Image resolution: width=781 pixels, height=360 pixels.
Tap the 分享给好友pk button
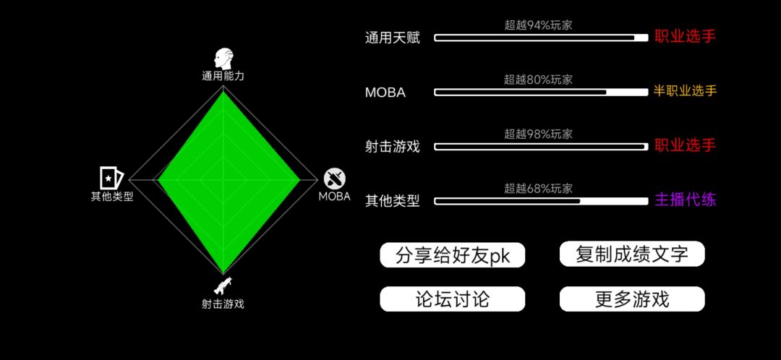coord(452,255)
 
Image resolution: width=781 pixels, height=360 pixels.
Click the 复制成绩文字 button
coord(632,254)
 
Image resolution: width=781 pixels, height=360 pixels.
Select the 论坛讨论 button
coord(452,299)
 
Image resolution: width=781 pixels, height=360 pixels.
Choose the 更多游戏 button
coord(632,299)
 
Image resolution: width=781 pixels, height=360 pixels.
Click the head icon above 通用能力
coord(223,59)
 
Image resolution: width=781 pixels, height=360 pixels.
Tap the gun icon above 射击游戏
coord(223,286)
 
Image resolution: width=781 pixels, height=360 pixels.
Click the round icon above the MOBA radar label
coord(335,179)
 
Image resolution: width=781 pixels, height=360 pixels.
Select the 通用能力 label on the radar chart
coord(223,76)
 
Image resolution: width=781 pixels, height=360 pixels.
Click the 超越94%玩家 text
coord(539,25)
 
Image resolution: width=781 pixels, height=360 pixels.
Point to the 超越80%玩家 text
coord(539,80)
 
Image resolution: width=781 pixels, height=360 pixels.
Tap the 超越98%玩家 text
coord(539,134)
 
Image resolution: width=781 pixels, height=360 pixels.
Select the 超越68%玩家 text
coord(539,188)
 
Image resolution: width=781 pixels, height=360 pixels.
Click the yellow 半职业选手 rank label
coord(685,91)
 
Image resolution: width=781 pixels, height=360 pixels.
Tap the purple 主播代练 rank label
coord(686,200)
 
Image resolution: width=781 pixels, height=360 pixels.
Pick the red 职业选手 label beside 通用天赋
coord(686,37)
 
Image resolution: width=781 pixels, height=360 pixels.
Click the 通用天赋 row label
coord(393,38)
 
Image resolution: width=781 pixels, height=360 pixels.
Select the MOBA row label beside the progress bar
coord(385,93)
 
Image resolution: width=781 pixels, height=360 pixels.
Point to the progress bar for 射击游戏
coord(541,147)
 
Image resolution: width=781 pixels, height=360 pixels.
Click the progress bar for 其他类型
coord(541,201)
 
